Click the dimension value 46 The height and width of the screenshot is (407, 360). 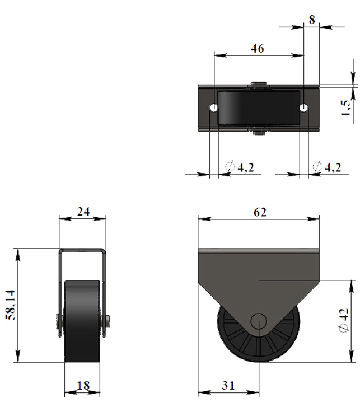pos(258,49)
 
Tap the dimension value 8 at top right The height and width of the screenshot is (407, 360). pos(312,20)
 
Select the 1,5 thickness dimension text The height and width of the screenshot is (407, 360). pos(345,108)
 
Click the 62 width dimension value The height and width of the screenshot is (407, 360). pos(260,212)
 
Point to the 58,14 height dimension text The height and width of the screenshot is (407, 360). pos(11,305)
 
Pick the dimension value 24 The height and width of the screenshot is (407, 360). pos(83,212)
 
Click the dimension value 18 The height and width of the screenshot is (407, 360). pos(83,386)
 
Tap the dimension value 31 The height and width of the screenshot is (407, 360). pos(228,386)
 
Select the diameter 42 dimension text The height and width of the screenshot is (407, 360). pos(343,320)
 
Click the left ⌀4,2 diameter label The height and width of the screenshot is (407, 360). pos(240,167)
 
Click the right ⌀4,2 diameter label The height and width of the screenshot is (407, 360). pos(327,167)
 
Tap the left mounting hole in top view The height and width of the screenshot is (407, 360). pos(214,107)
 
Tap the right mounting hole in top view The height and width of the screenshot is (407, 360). pos(304,107)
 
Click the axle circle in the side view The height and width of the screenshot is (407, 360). pos(259,321)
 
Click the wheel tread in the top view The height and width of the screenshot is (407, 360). pos(258,107)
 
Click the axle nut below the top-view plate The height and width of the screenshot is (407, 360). pos(258,132)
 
